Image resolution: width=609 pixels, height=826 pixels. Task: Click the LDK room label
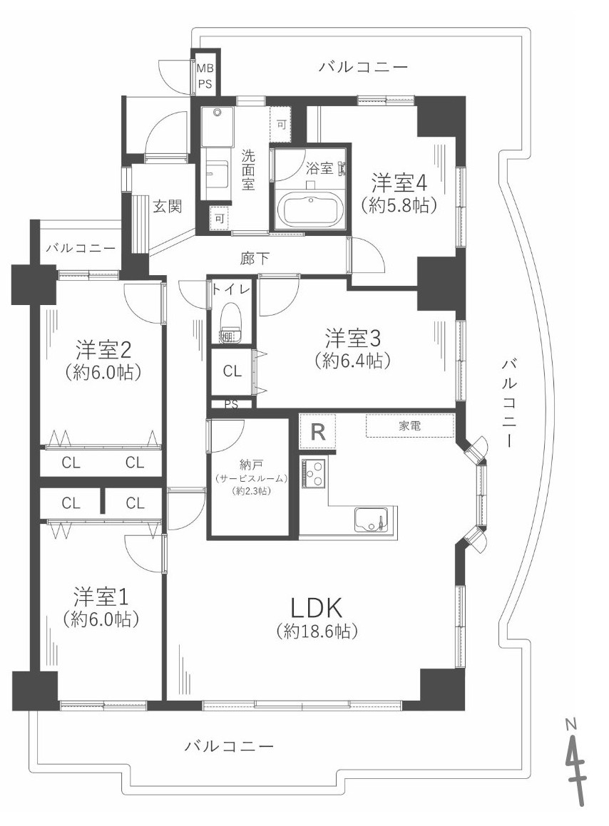[x=317, y=608]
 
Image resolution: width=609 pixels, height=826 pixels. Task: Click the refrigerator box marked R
[x=318, y=432]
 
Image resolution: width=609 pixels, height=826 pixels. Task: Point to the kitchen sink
[x=371, y=519]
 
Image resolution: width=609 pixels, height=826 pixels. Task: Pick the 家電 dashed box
[x=409, y=425]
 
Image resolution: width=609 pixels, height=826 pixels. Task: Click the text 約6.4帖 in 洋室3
[x=352, y=361]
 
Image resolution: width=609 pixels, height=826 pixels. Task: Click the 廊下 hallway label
[x=255, y=259]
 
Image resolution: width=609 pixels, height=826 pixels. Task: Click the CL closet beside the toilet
[x=232, y=371]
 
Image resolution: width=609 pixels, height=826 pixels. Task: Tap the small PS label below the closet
[x=231, y=404]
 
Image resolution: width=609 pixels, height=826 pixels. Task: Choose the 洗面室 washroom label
[x=247, y=170]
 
